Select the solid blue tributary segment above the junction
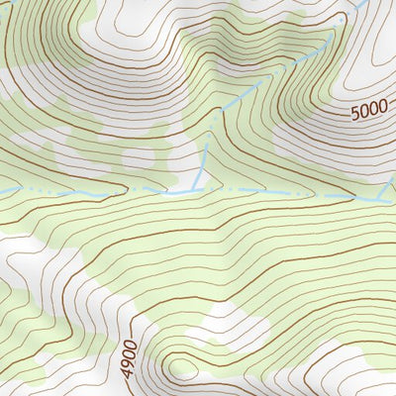point(204,163)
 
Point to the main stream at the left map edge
point(3,190)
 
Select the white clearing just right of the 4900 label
point(228,327)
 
